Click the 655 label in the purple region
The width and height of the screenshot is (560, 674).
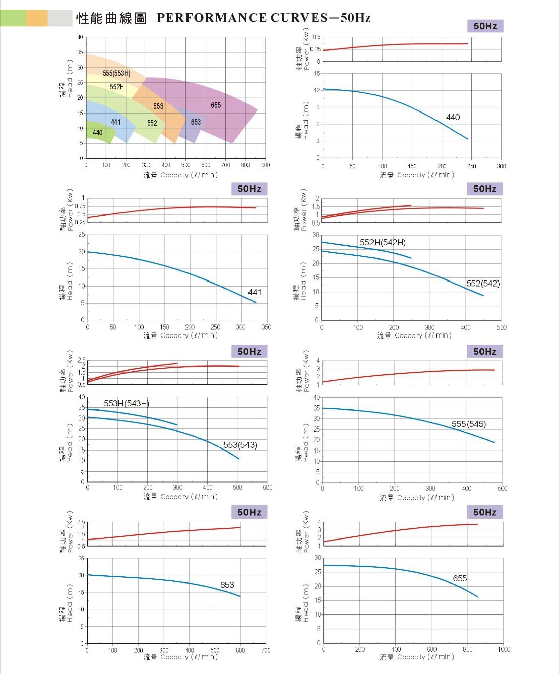coord(216,105)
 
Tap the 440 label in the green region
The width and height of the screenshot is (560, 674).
coord(97,133)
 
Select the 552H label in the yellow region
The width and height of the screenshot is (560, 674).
coord(117,87)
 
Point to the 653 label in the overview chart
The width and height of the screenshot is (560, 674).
coord(196,122)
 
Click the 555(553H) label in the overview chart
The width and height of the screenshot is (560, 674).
coord(116,74)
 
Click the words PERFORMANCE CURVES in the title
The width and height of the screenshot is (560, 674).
coord(242,18)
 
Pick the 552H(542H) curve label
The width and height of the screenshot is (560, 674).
coord(383,243)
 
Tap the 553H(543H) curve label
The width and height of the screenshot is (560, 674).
coord(127,403)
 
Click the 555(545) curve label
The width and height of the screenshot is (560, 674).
coord(469,424)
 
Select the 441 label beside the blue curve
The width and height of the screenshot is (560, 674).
coord(255,292)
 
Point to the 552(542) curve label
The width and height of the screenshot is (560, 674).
coord(483,284)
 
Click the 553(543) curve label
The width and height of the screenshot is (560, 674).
coord(240,445)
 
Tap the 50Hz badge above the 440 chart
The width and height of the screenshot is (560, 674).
coord(485,26)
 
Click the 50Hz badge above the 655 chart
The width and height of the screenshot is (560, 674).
coord(485,512)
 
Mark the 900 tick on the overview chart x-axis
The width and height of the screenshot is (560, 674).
coord(266,165)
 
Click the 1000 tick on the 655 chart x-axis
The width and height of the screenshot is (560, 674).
coord(504,649)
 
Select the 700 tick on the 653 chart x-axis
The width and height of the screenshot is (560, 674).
coord(266,650)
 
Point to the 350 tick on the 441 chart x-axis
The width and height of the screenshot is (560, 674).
coord(266,327)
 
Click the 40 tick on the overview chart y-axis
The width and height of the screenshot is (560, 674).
coord(80,37)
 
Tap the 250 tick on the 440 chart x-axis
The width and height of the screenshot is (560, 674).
coord(471,166)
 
